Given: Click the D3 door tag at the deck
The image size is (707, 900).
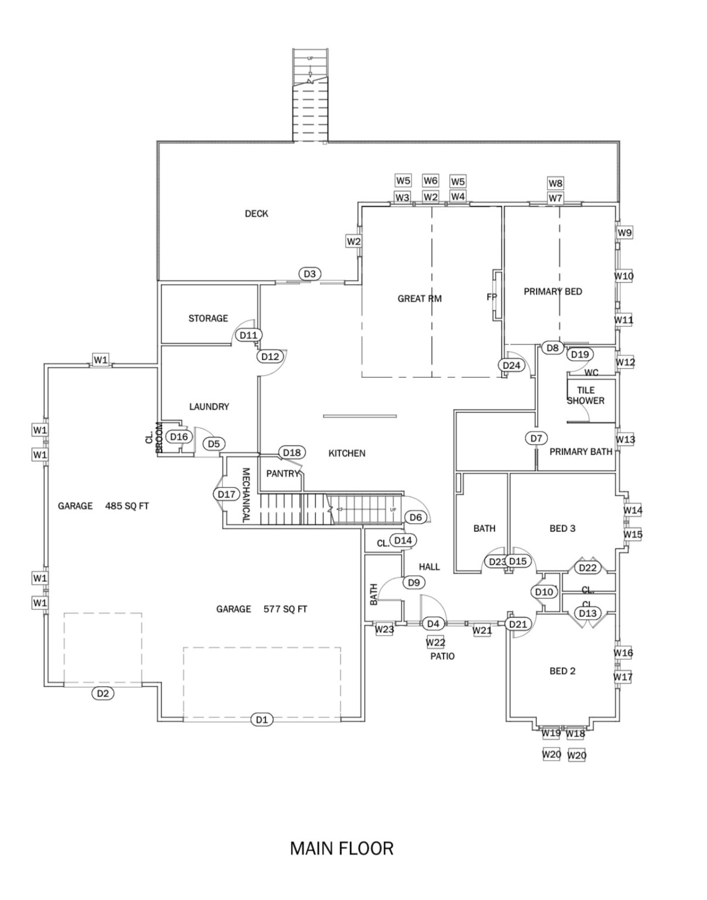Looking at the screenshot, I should (310, 274).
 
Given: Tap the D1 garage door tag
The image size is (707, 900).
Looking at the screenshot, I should (262, 720).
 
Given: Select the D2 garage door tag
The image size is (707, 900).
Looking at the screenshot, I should (103, 694).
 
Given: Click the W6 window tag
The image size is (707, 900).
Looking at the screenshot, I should (431, 180).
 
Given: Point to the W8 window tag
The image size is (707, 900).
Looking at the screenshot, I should (555, 183).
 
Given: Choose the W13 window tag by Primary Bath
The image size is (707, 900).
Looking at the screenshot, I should (625, 439).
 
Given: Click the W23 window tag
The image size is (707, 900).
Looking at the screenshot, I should (384, 629).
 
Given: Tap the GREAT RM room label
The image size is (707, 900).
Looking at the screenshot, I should (419, 299).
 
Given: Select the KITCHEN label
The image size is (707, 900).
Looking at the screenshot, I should (347, 454).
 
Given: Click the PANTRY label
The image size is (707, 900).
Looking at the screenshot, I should (283, 473).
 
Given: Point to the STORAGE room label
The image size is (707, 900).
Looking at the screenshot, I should (208, 318).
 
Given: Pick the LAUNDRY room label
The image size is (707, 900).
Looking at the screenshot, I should (209, 407).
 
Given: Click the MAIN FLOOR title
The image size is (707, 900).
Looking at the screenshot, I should (341, 848).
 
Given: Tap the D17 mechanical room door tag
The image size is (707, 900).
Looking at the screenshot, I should (227, 495).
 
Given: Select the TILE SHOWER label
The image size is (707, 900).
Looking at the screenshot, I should (585, 396).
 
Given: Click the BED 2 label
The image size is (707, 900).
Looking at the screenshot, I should (562, 671).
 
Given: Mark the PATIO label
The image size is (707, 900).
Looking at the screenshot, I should (442, 656).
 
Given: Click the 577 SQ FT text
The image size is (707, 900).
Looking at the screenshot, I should (285, 609).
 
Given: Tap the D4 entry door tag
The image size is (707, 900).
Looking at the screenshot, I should (433, 624).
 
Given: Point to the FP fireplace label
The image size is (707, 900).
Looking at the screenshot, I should (491, 297).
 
